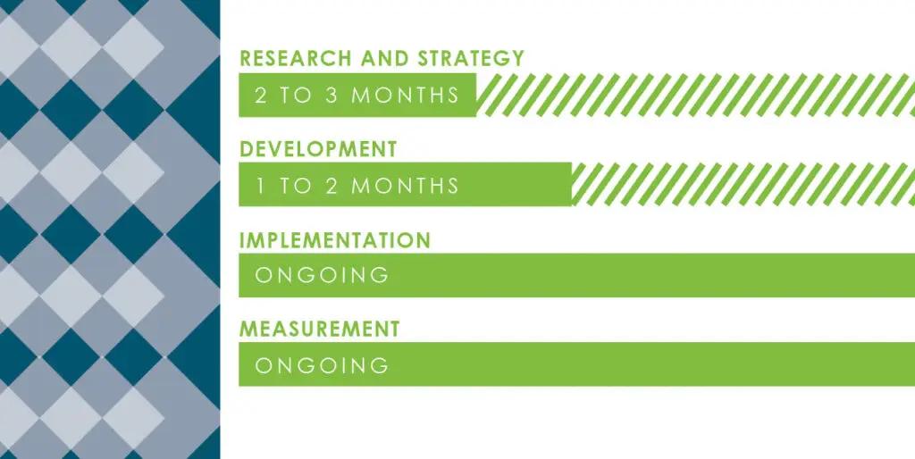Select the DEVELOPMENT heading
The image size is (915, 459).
click(x=318, y=149)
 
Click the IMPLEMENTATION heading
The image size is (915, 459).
click(x=335, y=240)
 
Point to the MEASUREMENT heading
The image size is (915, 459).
click(x=319, y=330)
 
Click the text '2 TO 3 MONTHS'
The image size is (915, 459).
click(x=357, y=96)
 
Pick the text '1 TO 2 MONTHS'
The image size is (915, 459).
click(x=357, y=186)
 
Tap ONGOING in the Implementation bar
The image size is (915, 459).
click(x=323, y=276)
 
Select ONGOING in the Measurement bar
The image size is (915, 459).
click(x=323, y=365)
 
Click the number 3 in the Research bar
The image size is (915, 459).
click(x=332, y=96)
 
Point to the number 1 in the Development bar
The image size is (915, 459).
click(x=261, y=186)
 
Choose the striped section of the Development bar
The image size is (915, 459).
click(x=742, y=186)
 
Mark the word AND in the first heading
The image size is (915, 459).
click(x=384, y=59)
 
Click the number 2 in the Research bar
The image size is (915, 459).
click(x=261, y=96)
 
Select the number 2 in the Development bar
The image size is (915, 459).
click(x=332, y=186)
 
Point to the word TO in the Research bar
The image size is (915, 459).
click(x=296, y=96)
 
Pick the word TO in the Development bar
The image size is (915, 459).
click(x=296, y=186)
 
